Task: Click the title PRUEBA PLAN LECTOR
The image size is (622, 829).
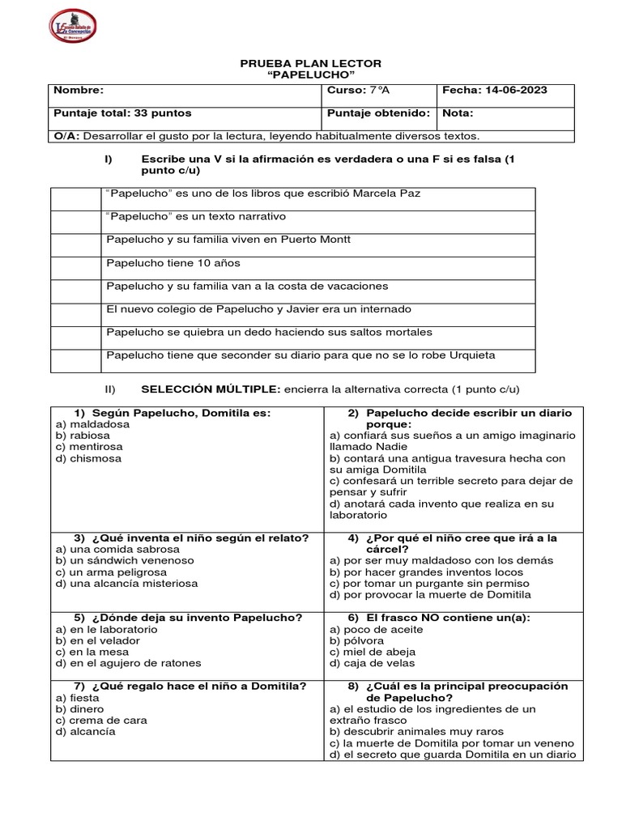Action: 312,63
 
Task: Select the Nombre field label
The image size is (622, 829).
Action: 79,91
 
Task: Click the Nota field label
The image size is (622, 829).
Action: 458,113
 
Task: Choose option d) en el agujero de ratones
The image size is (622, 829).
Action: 128,663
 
